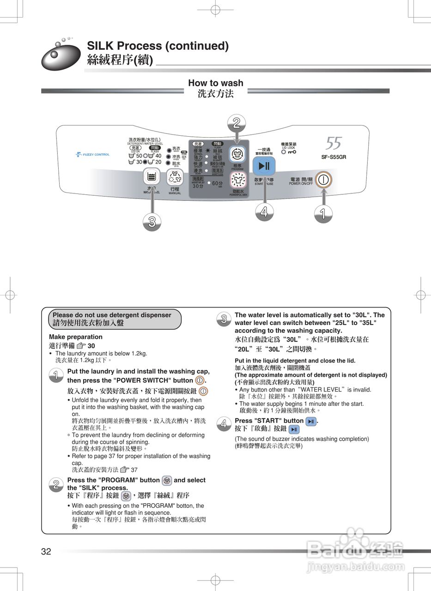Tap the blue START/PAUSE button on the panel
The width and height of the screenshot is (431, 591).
click(264, 166)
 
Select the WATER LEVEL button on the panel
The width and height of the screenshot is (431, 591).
click(151, 176)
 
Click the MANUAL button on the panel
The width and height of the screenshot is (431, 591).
click(175, 177)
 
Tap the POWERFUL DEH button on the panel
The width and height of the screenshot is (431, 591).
click(238, 180)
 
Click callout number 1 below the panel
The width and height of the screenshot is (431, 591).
click(322, 213)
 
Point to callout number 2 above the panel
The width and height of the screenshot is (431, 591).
click(237, 123)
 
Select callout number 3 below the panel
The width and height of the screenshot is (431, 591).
click(152, 222)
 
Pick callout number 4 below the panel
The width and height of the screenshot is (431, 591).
click(264, 212)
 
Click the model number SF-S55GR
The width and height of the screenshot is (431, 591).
click(334, 157)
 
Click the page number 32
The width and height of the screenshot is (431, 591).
click(46, 551)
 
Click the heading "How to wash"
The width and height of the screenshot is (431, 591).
click(215, 83)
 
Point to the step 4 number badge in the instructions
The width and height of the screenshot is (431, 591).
click(224, 424)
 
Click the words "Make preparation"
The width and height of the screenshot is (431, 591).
click(76, 337)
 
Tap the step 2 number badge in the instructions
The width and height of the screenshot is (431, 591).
click(56, 484)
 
